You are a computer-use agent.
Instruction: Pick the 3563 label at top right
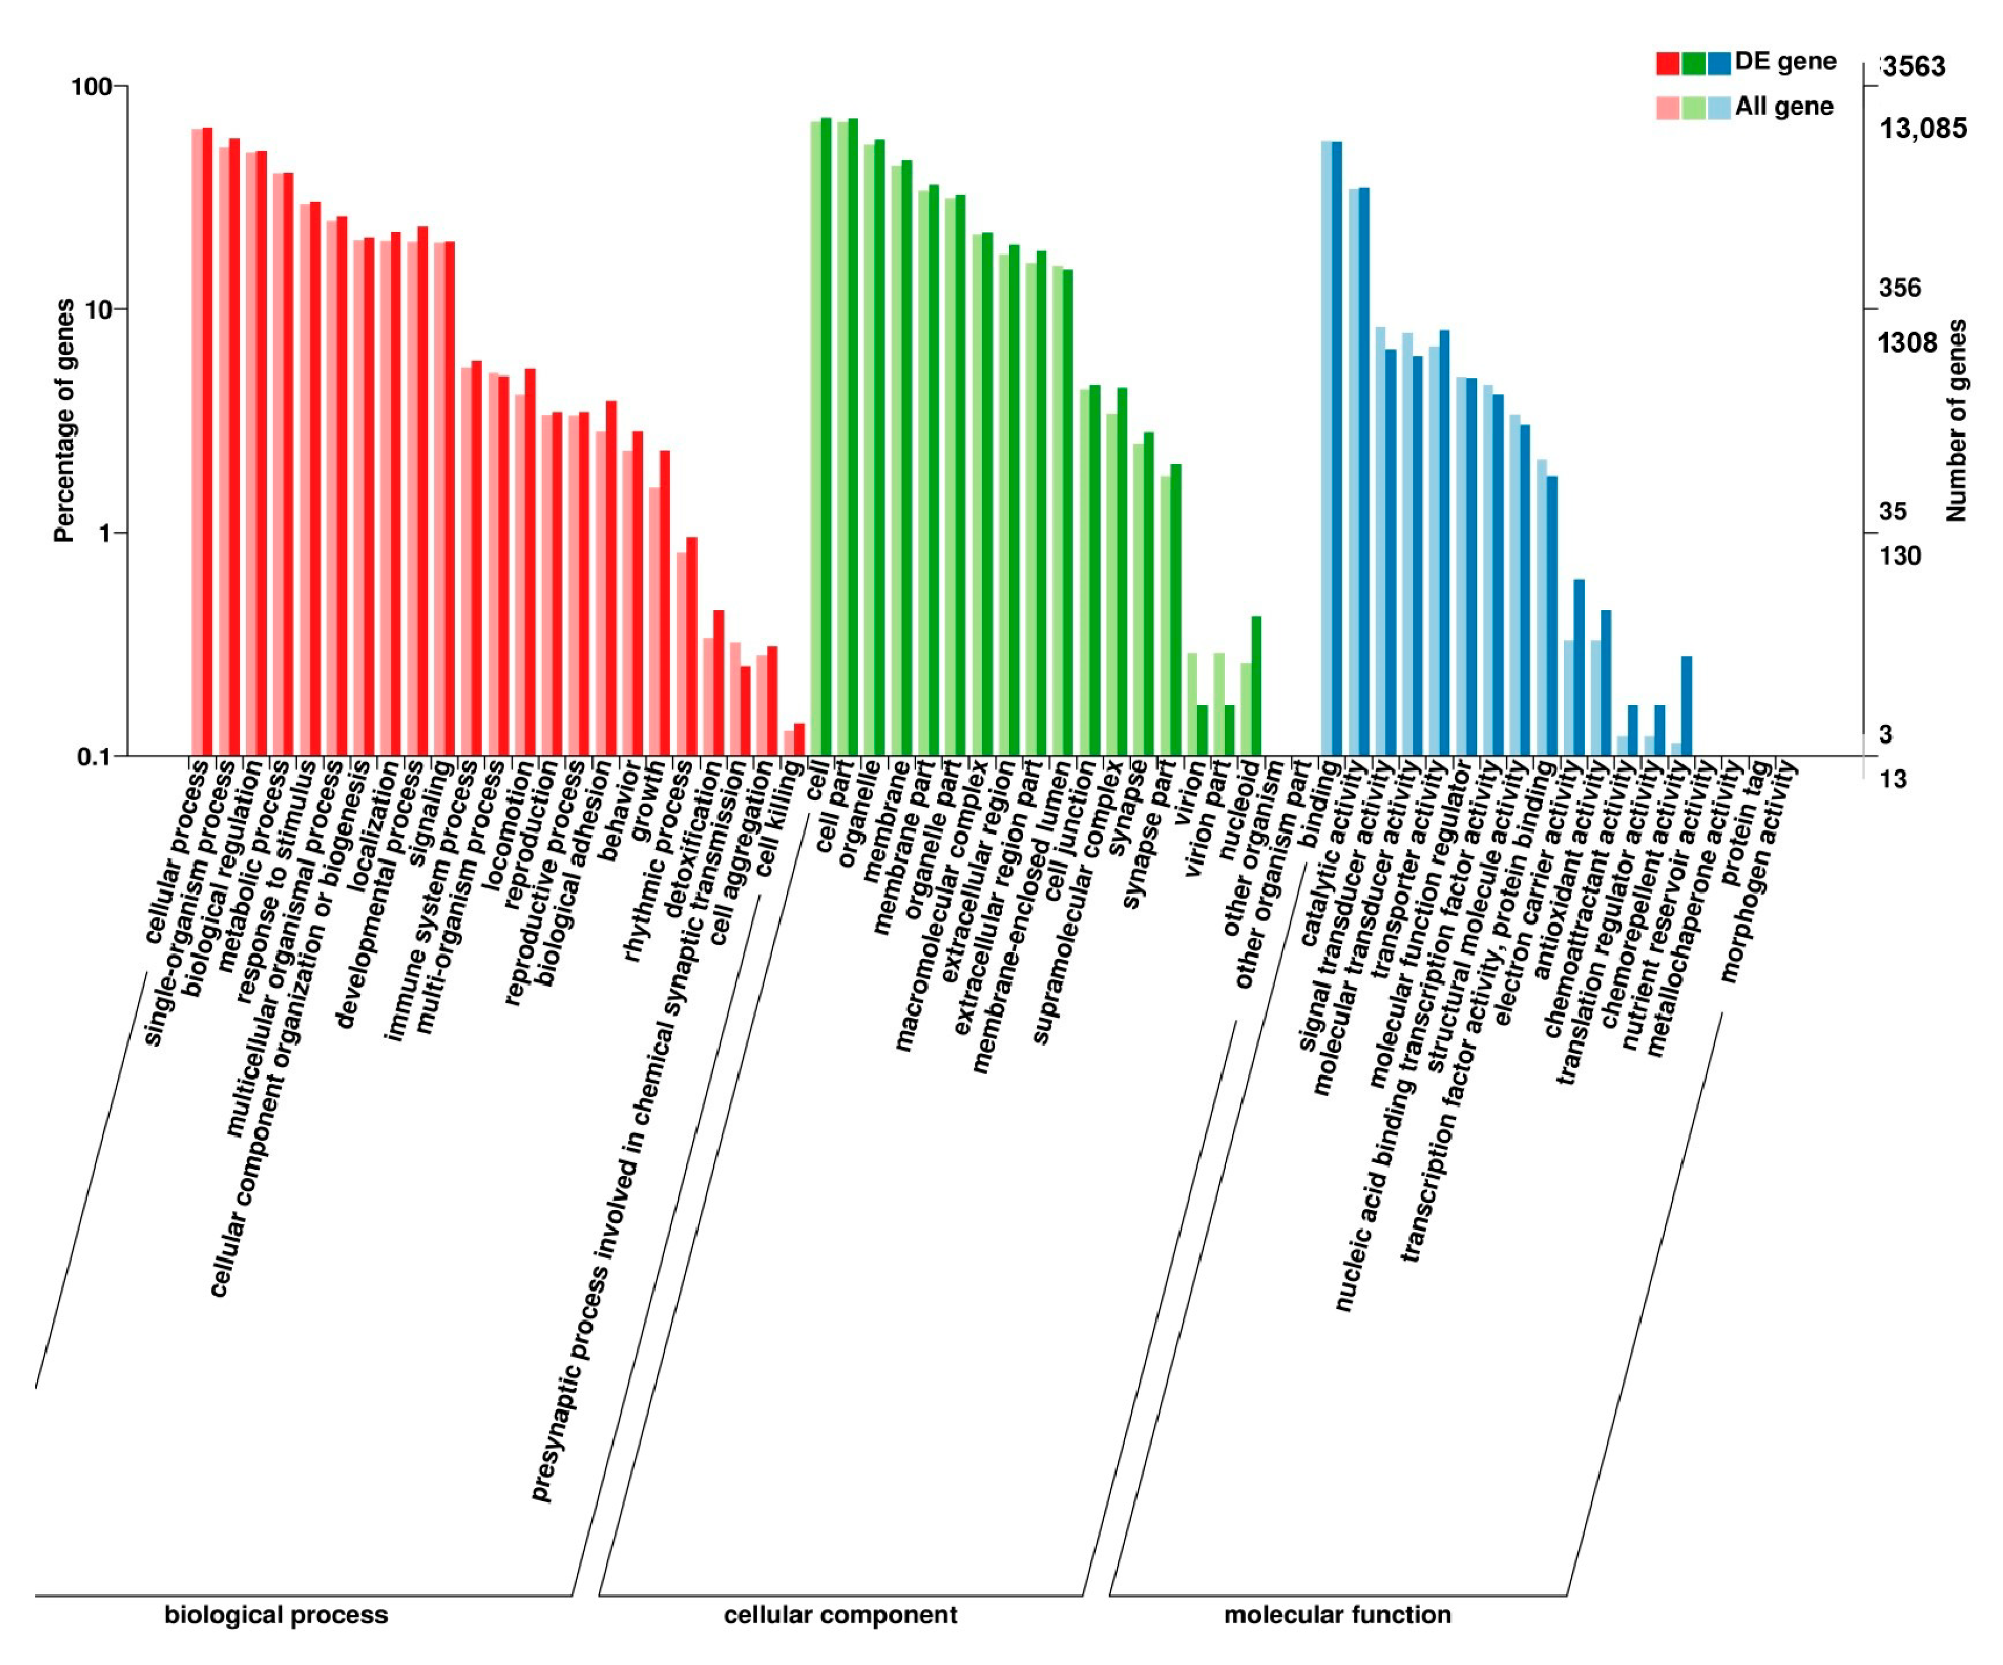[x=1913, y=67]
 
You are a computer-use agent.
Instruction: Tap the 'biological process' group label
[x=276, y=1614]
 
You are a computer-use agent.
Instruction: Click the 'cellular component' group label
[x=839, y=1614]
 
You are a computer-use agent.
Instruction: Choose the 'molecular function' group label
[x=1337, y=1614]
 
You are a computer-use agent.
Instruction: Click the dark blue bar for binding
[x=1336, y=448]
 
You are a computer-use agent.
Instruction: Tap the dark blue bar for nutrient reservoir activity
[x=1686, y=706]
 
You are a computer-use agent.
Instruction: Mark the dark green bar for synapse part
[x=1176, y=610]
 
